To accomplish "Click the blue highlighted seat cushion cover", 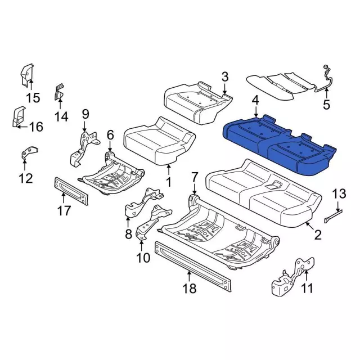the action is [279, 145].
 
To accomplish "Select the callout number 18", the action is [189, 288].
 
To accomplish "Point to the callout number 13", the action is [339, 193].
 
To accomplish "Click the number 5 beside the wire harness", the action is [326, 105].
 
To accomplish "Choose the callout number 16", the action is [36, 127].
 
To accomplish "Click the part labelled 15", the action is [27, 75].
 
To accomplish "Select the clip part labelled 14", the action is [59, 92].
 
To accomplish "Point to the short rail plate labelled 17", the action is [71, 191].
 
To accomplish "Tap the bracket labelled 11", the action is [293, 277].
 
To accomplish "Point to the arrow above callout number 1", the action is [169, 170].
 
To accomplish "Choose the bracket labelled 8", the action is [144, 202].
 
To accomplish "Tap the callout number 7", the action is [194, 177].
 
